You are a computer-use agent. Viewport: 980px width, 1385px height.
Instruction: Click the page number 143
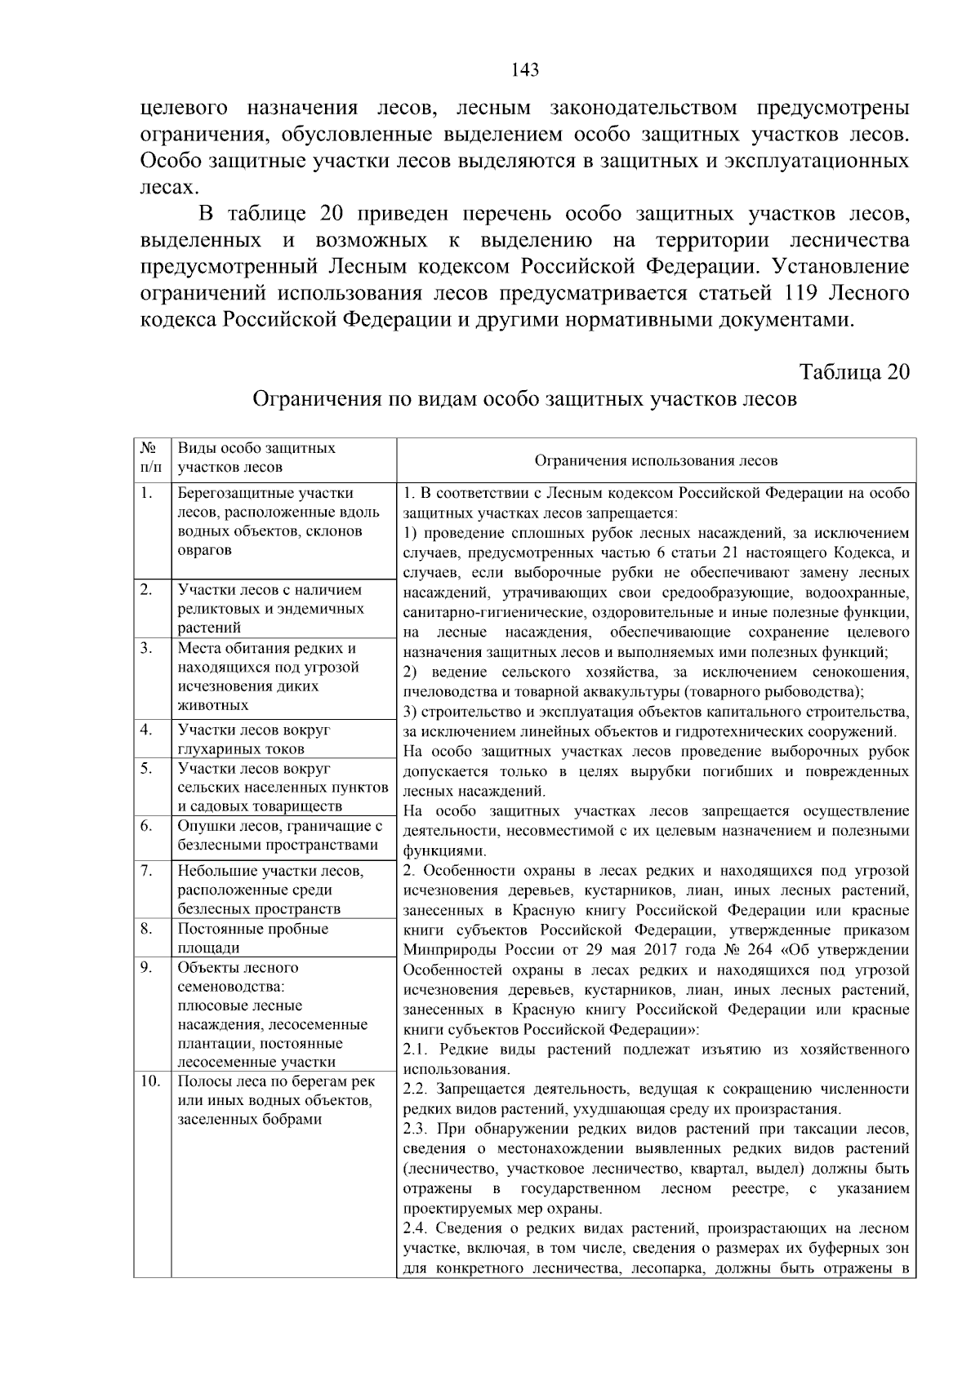click(525, 70)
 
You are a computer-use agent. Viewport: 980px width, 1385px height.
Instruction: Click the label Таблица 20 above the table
click(854, 372)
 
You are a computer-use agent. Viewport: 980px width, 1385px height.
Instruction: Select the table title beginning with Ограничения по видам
click(524, 399)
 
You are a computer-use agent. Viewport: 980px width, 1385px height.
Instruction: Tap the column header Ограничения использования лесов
click(656, 460)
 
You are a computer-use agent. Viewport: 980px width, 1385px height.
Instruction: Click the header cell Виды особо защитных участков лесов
click(256, 458)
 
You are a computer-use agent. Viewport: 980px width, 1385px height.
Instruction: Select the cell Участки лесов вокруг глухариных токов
click(253, 739)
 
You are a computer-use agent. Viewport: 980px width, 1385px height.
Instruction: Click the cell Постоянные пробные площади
click(253, 938)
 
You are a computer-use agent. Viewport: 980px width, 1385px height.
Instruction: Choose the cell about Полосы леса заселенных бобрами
click(276, 1100)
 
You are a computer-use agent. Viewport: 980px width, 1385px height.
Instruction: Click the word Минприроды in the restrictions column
click(445, 950)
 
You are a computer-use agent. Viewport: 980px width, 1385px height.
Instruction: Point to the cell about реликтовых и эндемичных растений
click(270, 609)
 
